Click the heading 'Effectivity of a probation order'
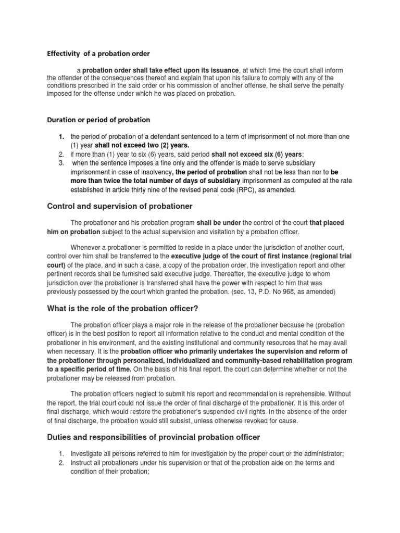99,53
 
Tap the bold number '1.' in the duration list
61,136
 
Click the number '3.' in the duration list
61,163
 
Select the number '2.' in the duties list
61,462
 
